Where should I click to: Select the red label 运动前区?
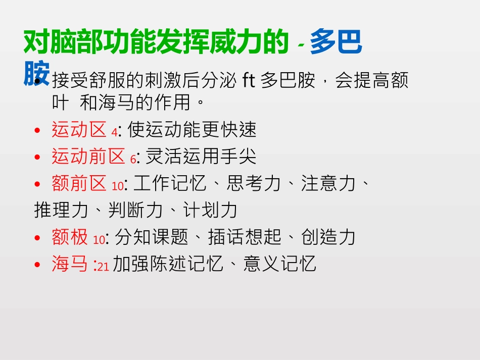click(x=88, y=157)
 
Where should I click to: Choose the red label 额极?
click(x=70, y=237)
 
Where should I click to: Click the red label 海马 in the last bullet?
click(x=70, y=264)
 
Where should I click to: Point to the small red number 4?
click(x=114, y=132)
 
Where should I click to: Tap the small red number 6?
click(x=133, y=159)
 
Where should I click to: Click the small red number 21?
click(x=103, y=266)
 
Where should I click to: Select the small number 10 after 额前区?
click(x=117, y=186)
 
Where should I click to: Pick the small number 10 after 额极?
click(x=99, y=239)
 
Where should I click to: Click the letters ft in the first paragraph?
click(x=249, y=80)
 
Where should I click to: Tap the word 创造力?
click(x=328, y=237)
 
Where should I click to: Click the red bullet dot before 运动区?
click(x=37, y=131)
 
